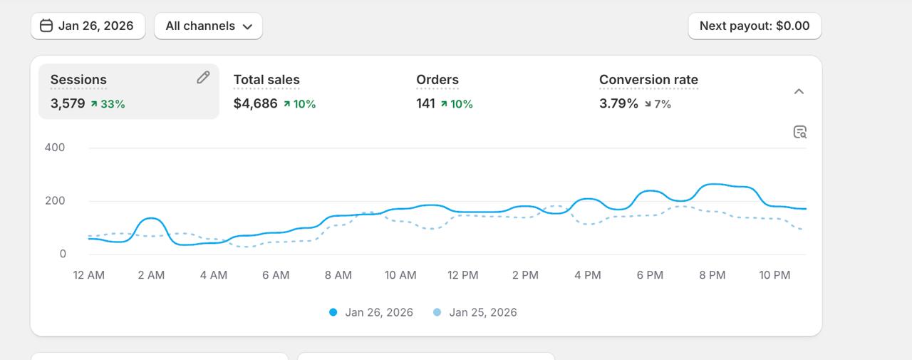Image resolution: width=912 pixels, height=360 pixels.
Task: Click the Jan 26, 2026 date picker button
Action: (x=88, y=26)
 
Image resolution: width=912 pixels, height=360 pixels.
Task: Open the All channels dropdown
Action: (x=208, y=26)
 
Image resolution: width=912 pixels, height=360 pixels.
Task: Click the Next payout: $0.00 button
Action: (x=754, y=26)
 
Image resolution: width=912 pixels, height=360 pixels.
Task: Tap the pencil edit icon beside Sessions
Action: (x=203, y=78)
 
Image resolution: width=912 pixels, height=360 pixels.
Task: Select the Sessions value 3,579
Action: (x=68, y=103)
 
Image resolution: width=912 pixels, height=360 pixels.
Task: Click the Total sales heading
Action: (x=266, y=80)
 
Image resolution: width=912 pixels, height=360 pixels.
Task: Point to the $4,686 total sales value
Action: (x=255, y=103)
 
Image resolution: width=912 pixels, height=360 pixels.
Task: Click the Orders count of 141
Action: (x=425, y=103)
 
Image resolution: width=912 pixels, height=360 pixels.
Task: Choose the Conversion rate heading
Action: (x=648, y=80)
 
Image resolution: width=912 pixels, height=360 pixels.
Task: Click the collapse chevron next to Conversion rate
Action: (x=799, y=91)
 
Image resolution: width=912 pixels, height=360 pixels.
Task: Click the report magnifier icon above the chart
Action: (x=799, y=132)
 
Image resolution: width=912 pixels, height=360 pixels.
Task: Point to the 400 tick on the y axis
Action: (x=55, y=148)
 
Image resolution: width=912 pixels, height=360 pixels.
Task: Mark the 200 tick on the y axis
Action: (x=55, y=201)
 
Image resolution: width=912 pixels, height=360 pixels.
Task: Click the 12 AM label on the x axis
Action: (x=88, y=275)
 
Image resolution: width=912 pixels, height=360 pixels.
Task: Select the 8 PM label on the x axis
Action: (x=712, y=275)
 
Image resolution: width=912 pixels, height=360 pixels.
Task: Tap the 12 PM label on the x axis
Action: (x=462, y=275)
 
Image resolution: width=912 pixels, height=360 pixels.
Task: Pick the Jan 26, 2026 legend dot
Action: (x=333, y=312)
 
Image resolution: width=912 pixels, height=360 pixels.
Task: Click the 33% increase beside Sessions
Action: (x=108, y=104)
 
